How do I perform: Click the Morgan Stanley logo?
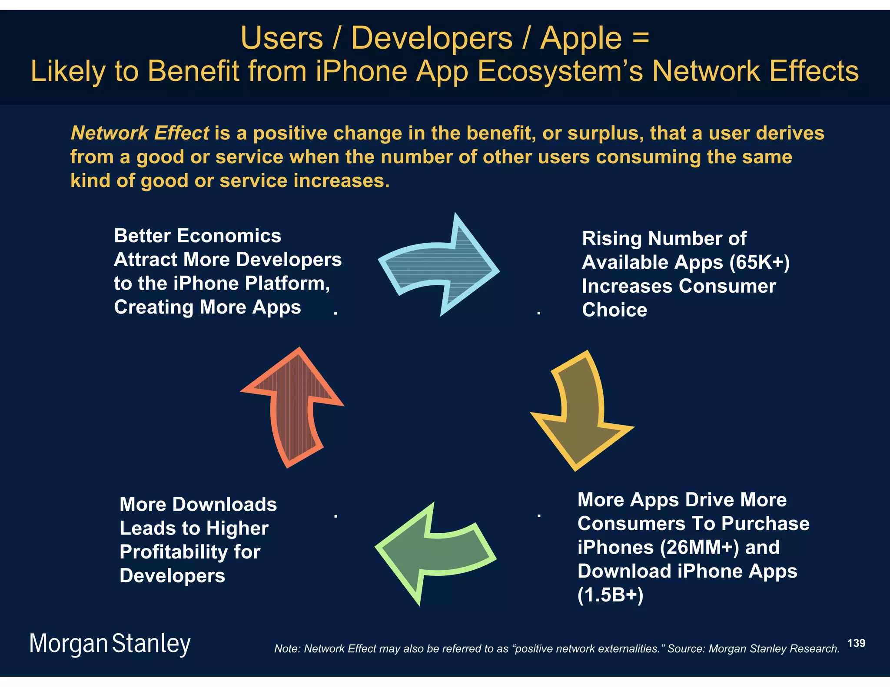(110, 644)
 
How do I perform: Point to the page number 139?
(856, 643)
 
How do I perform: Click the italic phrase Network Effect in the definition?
(140, 133)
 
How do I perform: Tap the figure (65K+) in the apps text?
(759, 262)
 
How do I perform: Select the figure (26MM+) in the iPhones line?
(699, 547)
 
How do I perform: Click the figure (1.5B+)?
(610, 595)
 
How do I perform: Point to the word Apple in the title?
(581, 38)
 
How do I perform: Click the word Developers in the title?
(432, 38)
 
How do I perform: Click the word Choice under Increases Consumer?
(614, 310)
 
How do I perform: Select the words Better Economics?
(197, 236)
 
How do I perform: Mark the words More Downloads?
(198, 505)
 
